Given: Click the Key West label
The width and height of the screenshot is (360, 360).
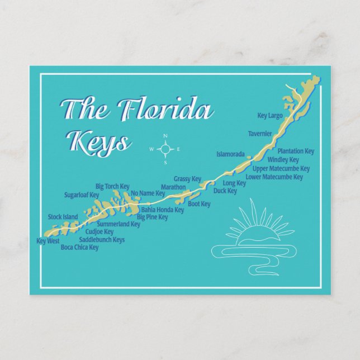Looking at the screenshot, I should (48, 241).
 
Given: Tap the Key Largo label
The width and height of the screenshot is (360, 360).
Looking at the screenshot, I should (270, 116).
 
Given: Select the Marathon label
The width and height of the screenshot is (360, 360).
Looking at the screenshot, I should (173, 187).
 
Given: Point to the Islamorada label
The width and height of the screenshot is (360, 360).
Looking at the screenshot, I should (230, 154).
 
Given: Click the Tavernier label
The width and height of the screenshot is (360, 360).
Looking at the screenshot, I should (260, 134).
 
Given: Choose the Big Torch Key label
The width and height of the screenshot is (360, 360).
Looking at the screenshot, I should (112, 186).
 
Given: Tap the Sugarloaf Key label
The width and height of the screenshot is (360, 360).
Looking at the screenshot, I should (82, 195).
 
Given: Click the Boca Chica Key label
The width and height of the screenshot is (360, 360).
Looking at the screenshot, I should (79, 247).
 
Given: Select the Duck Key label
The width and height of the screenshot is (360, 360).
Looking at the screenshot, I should (225, 191).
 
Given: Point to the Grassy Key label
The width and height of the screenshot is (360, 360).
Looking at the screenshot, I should (187, 179).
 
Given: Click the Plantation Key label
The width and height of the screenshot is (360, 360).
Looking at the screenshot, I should (296, 151).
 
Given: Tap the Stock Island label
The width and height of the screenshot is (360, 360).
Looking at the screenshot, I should (63, 217).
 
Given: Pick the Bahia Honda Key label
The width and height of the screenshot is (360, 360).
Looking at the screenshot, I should (162, 210).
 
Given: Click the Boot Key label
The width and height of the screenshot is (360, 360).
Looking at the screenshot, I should (199, 204).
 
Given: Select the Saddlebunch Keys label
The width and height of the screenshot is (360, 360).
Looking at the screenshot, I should (102, 239).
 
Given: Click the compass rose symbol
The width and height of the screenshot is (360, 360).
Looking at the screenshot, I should (165, 149).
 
